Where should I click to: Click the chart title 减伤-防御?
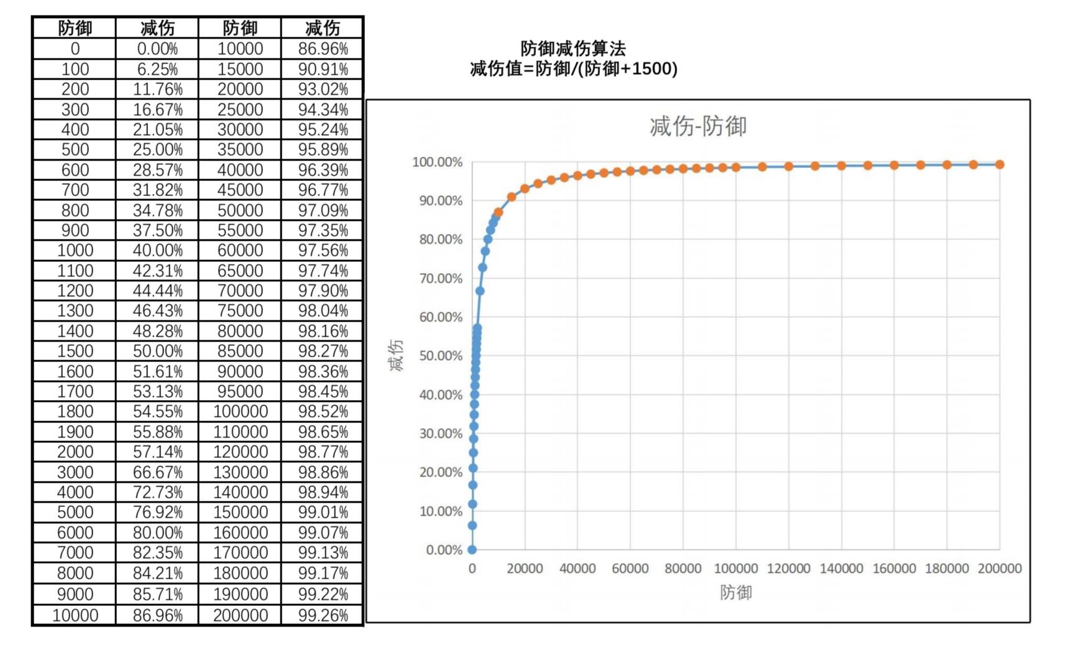[x=698, y=126]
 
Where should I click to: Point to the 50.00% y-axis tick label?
[x=440, y=356]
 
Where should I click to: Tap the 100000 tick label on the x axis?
[x=735, y=569]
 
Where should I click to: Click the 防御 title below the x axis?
[x=735, y=593]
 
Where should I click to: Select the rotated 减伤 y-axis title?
[x=396, y=355]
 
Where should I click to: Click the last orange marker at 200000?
[x=1000, y=164]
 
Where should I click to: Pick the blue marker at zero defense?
[x=472, y=550]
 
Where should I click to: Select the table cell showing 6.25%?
[x=157, y=69]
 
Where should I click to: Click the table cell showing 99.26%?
[x=323, y=615]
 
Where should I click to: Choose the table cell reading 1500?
[x=75, y=351]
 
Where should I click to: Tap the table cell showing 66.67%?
[x=157, y=472]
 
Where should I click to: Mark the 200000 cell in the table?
[x=240, y=615]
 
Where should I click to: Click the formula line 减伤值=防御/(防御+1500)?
[x=573, y=69]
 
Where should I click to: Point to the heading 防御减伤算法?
[x=573, y=49]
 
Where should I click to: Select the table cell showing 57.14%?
[x=157, y=452]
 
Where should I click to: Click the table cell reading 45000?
[x=240, y=190]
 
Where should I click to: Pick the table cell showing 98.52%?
[x=323, y=411]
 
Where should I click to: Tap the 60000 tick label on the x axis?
[x=630, y=569]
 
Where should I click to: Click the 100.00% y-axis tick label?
[x=437, y=162]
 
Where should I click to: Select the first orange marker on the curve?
[x=498, y=212]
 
